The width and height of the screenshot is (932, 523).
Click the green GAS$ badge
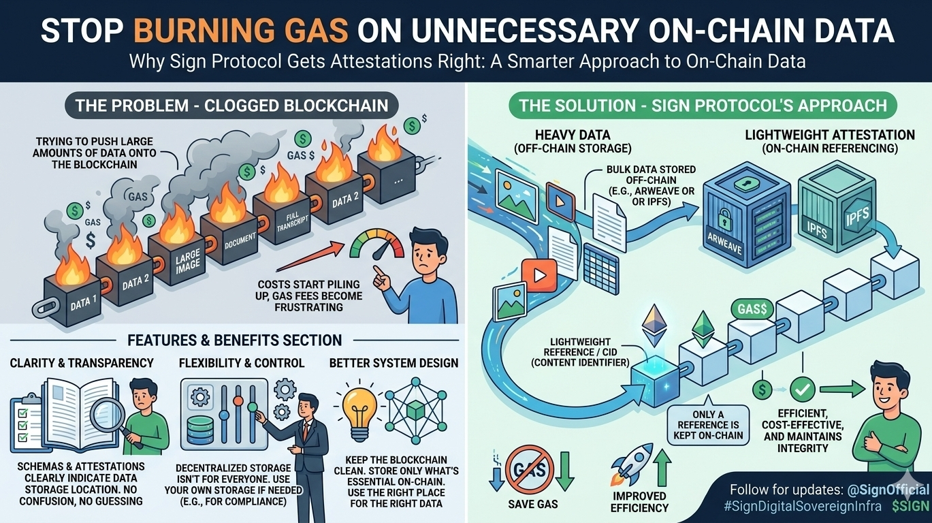(x=751, y=308)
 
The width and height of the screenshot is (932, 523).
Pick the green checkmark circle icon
(x=804, y=390)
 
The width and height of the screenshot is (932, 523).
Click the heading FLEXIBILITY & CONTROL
(x=242, y=363)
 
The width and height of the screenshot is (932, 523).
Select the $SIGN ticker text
(x=910, y=506)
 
